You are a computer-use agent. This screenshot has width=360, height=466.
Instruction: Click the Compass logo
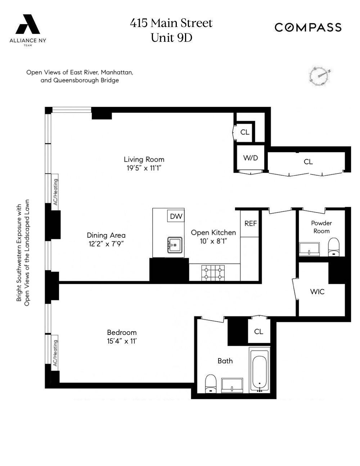[x=308, y=27]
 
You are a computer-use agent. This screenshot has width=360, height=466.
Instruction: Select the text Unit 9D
[x=171, y=37]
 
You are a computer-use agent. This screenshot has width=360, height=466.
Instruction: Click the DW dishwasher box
[x=176, y=216]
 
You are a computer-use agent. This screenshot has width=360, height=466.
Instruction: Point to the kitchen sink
[x=175, y=246]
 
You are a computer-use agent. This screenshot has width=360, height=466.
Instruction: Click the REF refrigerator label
[x=251, y=223]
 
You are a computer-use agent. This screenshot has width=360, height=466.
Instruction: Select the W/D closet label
[x=251, y=158]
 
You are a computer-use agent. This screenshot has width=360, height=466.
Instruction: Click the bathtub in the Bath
[x=260, y=369]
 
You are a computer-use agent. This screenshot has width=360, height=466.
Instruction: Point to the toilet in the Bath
[x=210, y=384]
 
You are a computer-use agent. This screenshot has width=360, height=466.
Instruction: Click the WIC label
[x=317, y=291]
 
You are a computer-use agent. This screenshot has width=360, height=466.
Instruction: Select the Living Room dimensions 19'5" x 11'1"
[x=144, y=168]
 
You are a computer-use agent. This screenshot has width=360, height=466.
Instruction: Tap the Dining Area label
[x=106, y=235]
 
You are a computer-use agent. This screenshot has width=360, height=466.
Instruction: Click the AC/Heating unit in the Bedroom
[x=55, y=353]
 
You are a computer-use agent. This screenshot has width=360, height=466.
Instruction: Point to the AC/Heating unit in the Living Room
[x=55, y=192]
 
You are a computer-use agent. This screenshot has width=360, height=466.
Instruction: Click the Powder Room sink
[x=310, y=249]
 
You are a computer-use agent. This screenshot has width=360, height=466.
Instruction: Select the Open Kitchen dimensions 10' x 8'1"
[x=213, y=241]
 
